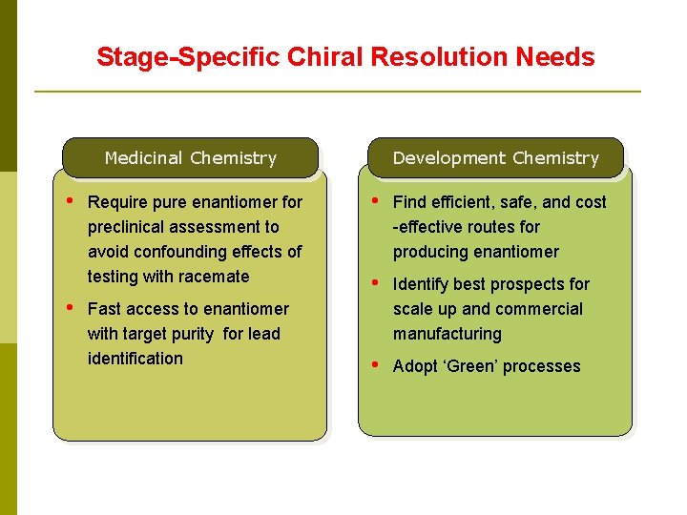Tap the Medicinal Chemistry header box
pyautogui.click(x=190, y=158)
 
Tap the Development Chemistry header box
pyautogui.click(x=495, y=158)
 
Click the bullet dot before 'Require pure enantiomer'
pyautogui.click(x=70, y=200)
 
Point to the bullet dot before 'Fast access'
pyautogui.click(x=70, y=307)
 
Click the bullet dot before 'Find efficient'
pyautogui.click(x=375, y=200)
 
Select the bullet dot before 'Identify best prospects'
pyautogui.click(x=375, y=282)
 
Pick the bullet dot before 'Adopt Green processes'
pyautogui.click(x=375, y=364)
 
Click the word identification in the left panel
pyautogui.click(x=135, y=359)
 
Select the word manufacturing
pyautogui.click(x=447, y=334)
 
